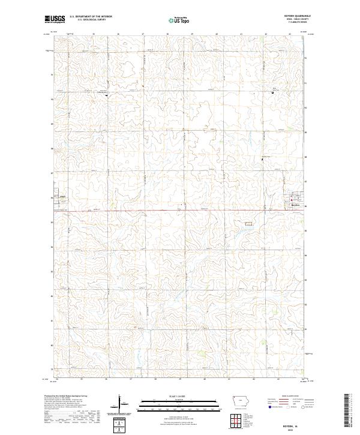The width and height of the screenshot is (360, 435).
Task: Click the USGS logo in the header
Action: coord(55,19)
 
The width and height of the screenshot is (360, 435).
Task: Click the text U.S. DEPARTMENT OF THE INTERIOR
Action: coord(91,17)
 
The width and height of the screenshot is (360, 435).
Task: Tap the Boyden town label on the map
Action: coord(295,206)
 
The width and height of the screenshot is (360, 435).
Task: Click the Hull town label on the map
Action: coord(62,196)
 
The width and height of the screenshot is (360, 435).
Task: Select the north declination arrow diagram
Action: coord(122,403)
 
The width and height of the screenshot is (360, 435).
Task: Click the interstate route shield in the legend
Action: coord(269,406)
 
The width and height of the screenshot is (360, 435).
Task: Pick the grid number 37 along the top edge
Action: coord(143,34)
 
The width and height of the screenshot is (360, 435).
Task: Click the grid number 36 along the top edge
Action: coord(119,34)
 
